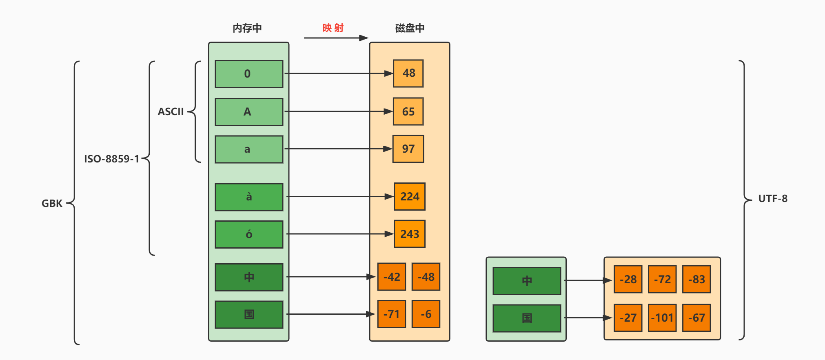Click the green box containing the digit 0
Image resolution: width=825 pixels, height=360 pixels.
tap(249, 74)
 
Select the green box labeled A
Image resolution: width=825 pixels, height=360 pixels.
tap(249, 112)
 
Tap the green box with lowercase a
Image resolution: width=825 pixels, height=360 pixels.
tap(249, 149)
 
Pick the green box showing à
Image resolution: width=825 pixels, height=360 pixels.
tap(249, 197)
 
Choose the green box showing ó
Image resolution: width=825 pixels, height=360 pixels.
tap(249, 234)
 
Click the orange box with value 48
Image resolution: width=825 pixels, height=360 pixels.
tap(408, 73)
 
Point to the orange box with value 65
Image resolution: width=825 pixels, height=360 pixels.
tap(408, 111)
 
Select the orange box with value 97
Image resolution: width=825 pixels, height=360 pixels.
tap(408, 149)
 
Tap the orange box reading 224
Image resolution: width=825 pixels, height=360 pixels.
tap(410, 197)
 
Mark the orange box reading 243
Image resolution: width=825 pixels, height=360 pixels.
tap(410, 234)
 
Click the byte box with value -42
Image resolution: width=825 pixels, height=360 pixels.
tap(392, 277)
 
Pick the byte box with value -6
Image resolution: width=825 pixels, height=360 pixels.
tap(426, 314)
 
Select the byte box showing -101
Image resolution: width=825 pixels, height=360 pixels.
tap(662, 318)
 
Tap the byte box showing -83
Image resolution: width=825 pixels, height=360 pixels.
tap(696, 280)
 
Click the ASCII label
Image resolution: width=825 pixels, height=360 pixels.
tap(171, 112)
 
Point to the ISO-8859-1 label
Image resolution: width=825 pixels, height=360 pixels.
tap(111, 159)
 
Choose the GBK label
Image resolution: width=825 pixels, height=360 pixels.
tap(52, 203)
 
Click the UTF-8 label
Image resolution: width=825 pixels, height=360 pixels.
tap(773, 199)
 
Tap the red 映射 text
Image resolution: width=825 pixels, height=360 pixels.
tap(333, 28)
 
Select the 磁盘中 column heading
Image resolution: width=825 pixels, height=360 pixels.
tap(410, 28)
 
